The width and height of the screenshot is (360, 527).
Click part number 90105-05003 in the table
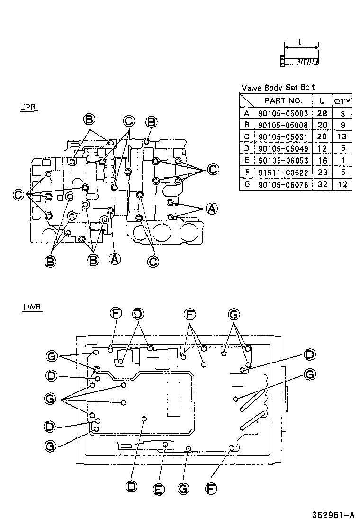283,113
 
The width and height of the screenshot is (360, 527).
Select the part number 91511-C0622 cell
283,173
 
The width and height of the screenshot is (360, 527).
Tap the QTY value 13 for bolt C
342,137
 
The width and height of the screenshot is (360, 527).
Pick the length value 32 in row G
323,184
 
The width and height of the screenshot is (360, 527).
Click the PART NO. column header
283,100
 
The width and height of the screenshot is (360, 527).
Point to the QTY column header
342,100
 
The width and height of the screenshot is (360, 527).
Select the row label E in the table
246,161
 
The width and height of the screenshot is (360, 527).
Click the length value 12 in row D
323,149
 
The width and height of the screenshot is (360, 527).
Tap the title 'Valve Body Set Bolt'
278,88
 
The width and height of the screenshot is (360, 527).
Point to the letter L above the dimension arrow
301,42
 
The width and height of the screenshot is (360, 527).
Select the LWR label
32,307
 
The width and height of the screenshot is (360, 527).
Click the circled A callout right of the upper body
212,209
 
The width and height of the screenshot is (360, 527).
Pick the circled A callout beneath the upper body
114,259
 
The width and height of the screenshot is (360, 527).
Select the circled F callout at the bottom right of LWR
211,488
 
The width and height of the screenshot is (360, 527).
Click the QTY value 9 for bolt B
342,125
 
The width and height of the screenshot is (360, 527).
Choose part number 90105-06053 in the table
283,161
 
